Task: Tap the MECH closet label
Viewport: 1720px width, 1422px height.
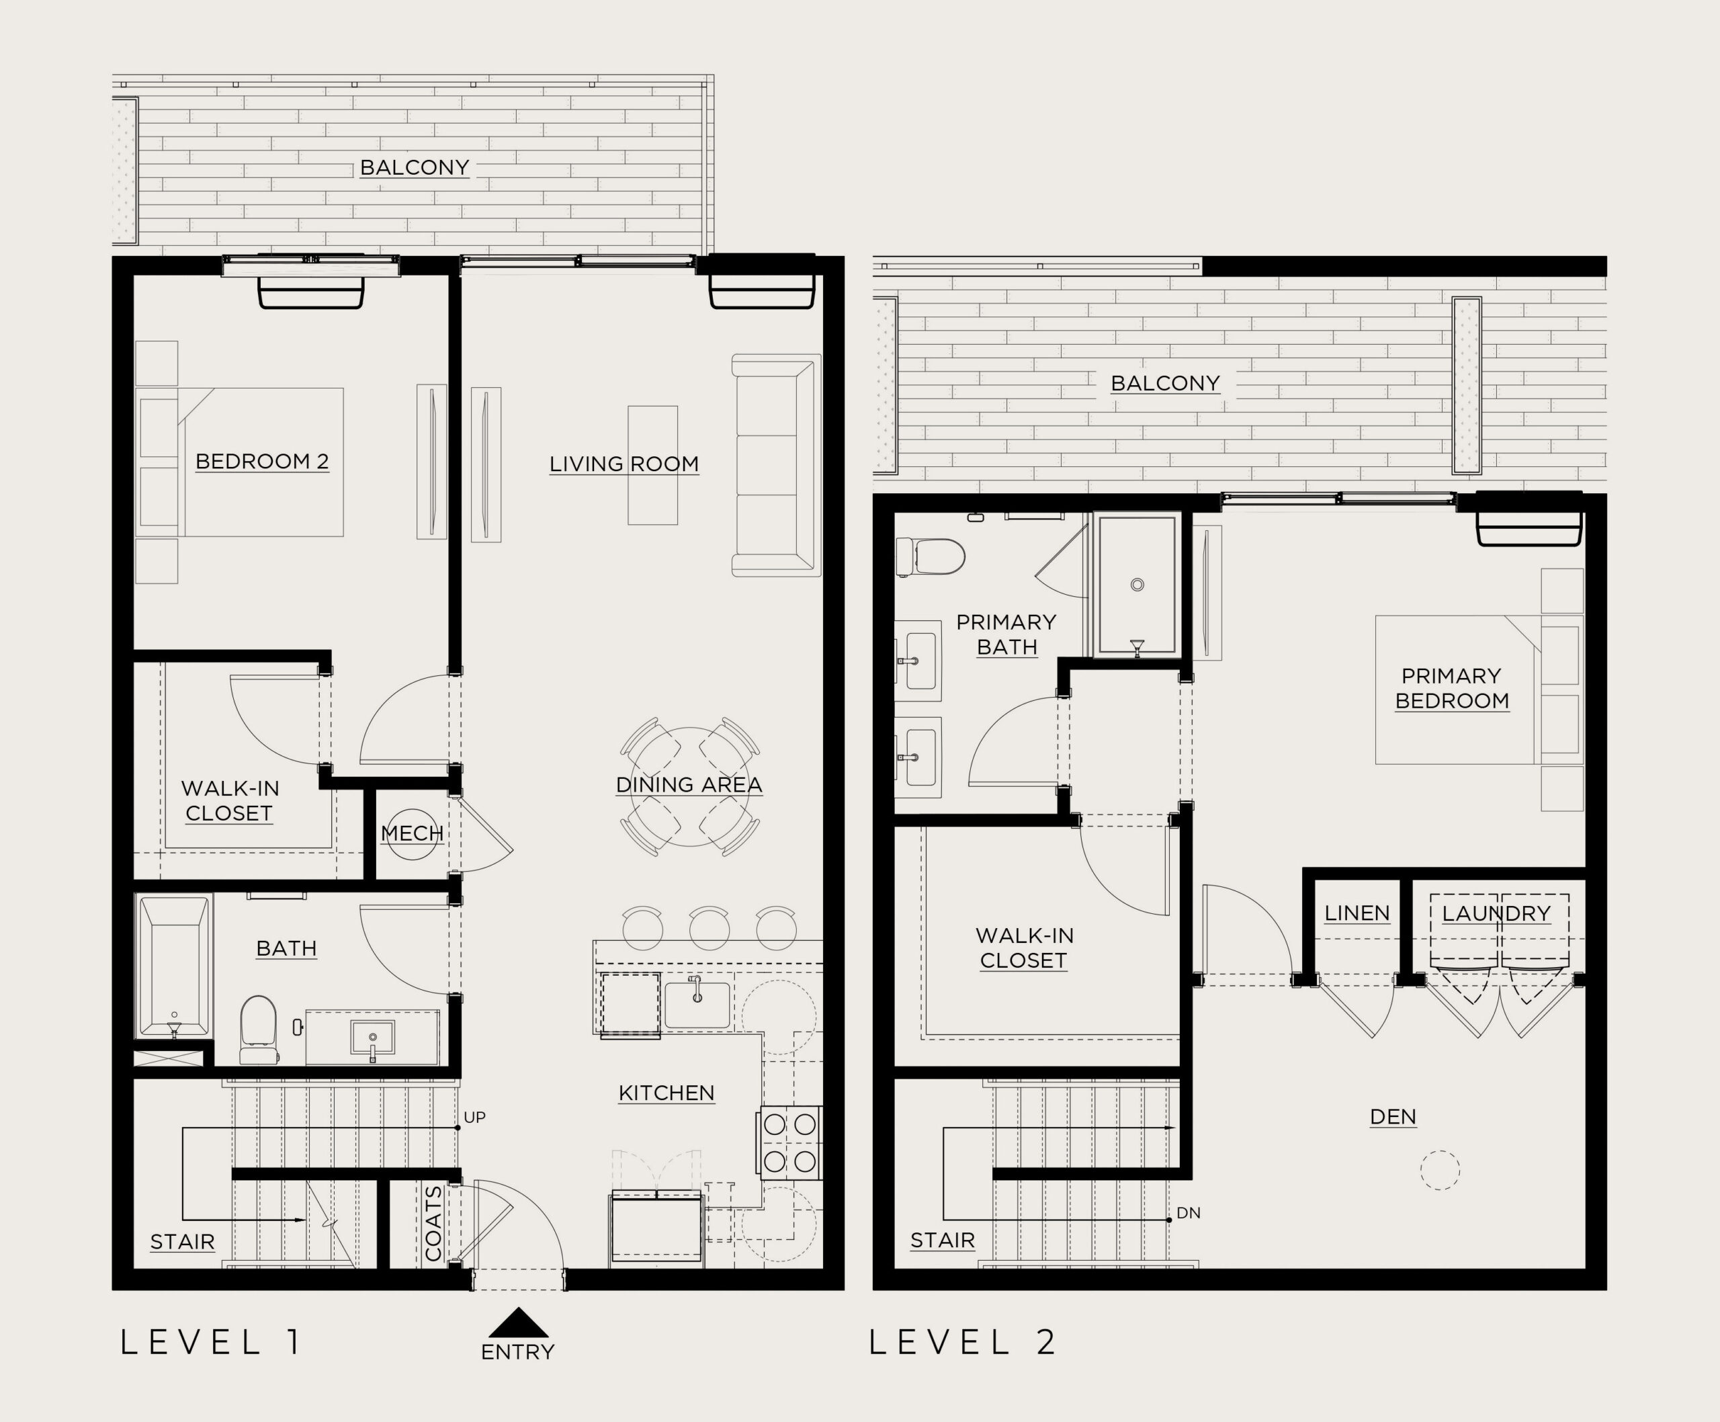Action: (412, 833)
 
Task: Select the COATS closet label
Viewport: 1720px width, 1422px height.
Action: (433, 1223)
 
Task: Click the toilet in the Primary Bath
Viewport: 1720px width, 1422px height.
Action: (931, 557)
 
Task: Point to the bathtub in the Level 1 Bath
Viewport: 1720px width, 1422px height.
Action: (173, 966)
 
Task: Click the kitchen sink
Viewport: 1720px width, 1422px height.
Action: (697, 1003)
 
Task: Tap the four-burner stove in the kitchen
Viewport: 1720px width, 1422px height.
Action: (789, 1142)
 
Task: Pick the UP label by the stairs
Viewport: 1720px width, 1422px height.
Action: (475, 1118)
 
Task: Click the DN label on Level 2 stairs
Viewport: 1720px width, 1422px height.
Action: (1189, 1213)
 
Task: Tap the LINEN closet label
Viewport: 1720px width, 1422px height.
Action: (1357, 913)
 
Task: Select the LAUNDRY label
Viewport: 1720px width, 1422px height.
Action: (1496, 913)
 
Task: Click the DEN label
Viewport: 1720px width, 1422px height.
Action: (1393, 1116)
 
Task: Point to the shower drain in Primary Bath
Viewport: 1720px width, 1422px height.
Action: (1137, 585)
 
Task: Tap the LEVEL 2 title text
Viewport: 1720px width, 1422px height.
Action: (962, 1343)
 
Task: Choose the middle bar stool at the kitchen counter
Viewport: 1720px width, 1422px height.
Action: (709, 927)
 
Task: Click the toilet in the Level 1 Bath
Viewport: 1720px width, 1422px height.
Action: (259, 1029)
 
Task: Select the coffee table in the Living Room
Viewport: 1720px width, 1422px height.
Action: (653, 464)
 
